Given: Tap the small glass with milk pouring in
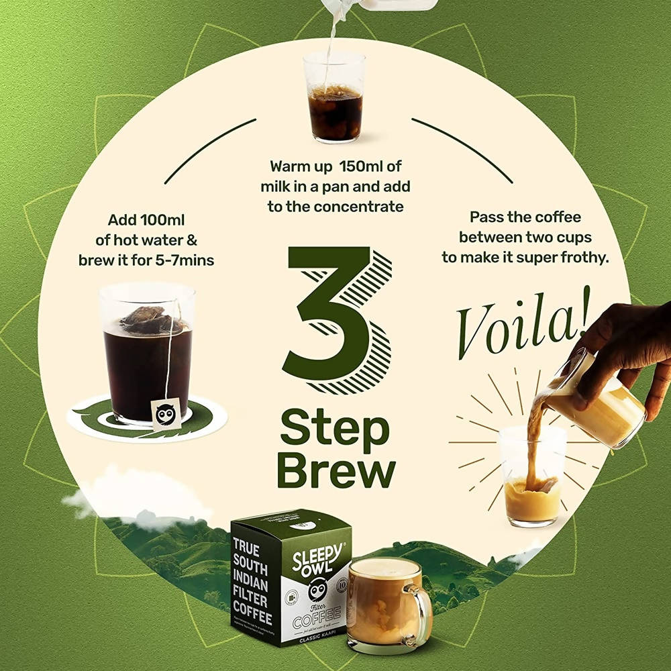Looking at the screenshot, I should click(x=334, y=101).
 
